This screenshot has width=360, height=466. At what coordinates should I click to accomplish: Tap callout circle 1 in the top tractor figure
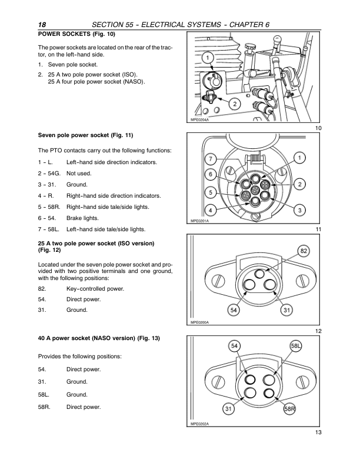point(208,57)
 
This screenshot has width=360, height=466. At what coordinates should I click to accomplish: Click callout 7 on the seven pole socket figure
point(211,159)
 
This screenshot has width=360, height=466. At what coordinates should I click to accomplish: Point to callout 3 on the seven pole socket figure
point(300,210)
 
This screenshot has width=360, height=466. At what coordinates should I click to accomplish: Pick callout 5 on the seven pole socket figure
point(209,192)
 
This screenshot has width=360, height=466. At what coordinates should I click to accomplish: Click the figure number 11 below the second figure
point(318,229)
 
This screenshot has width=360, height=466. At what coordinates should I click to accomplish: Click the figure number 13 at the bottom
point(318,433)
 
